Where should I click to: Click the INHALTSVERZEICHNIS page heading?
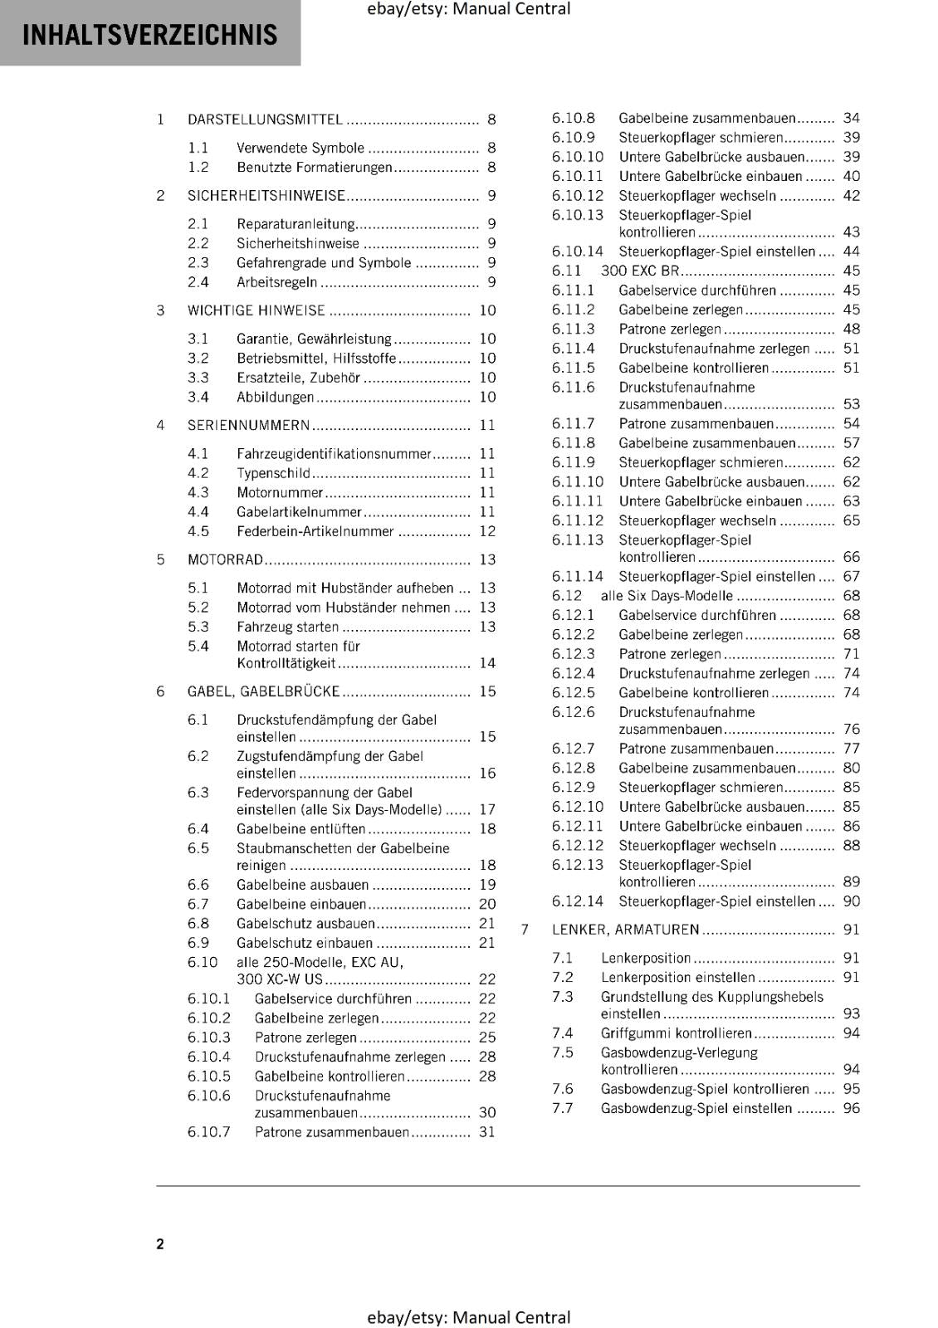pos(150,35)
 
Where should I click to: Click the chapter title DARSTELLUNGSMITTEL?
pos(265,120)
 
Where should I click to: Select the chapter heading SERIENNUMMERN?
pos(248,426)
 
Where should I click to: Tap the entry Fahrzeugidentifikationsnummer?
pos(334,454)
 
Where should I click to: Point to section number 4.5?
pos(198,531)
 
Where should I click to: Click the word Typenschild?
pos(273,473)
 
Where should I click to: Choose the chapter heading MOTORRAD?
pos(225,560)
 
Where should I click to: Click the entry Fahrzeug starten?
pos(287,627)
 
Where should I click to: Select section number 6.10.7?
pos(208,1132)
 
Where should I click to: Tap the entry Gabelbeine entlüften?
pos(300,829)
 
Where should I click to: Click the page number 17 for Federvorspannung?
pos(487,809)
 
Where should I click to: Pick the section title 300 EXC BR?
pos(640,271)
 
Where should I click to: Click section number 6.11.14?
pos(577,577)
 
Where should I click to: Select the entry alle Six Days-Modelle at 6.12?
pos(667,596)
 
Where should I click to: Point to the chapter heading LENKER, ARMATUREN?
pos(625,930)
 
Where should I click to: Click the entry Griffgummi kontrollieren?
pos(676,1033)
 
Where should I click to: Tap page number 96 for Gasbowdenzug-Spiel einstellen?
pos(852,1109)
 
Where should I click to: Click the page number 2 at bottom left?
pos(160,1243)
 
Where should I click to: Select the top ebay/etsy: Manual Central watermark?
pos(468,9)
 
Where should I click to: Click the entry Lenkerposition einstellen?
pos(677,978)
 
